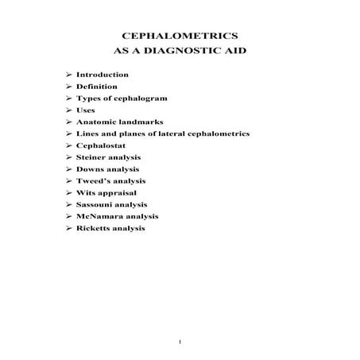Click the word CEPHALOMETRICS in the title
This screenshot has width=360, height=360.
180,37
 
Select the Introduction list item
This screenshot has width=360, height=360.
103,74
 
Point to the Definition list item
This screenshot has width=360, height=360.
97,86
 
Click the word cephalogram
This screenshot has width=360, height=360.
136,98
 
